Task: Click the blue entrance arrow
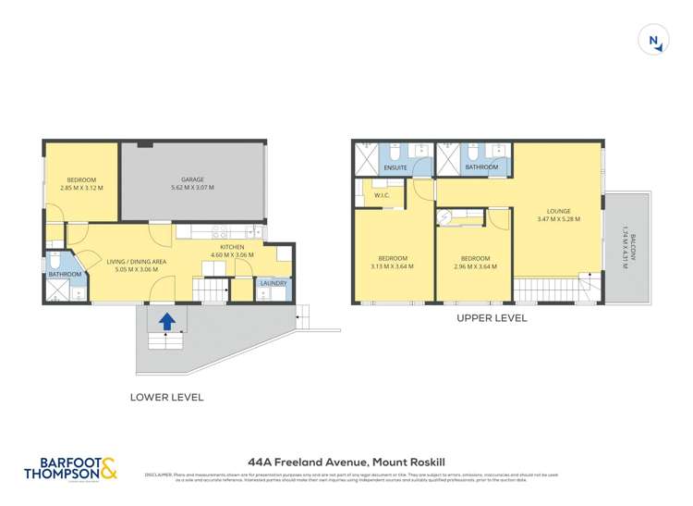pos(166,321)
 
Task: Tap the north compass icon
pos(653,40)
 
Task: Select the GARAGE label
pos(192,179)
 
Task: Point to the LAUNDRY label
pos(274,283)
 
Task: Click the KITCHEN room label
pos(231,247)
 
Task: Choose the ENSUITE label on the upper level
pos(395,167)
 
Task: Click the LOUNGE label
pos(558,211)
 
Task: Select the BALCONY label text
pos(626,247)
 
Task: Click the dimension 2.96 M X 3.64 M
pos(474,266)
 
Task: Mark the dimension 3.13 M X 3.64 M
pos(392,266)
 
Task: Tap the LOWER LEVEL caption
pos(167,397)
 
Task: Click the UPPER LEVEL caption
pos(492,317)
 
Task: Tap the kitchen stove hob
pos(222,232)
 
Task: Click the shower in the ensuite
pos(367,157)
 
